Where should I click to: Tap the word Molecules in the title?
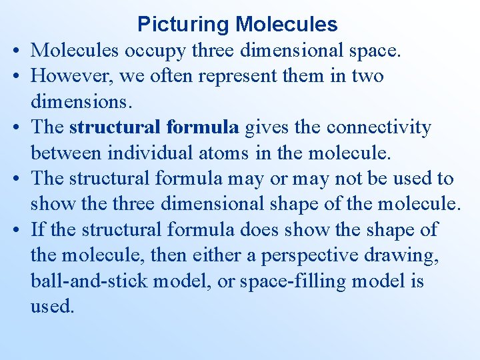click(x=286, y=25)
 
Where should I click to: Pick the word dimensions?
click(x=72, y=102)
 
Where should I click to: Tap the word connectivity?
click(x=375, y=127)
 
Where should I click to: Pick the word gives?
click(x=266, y=127)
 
